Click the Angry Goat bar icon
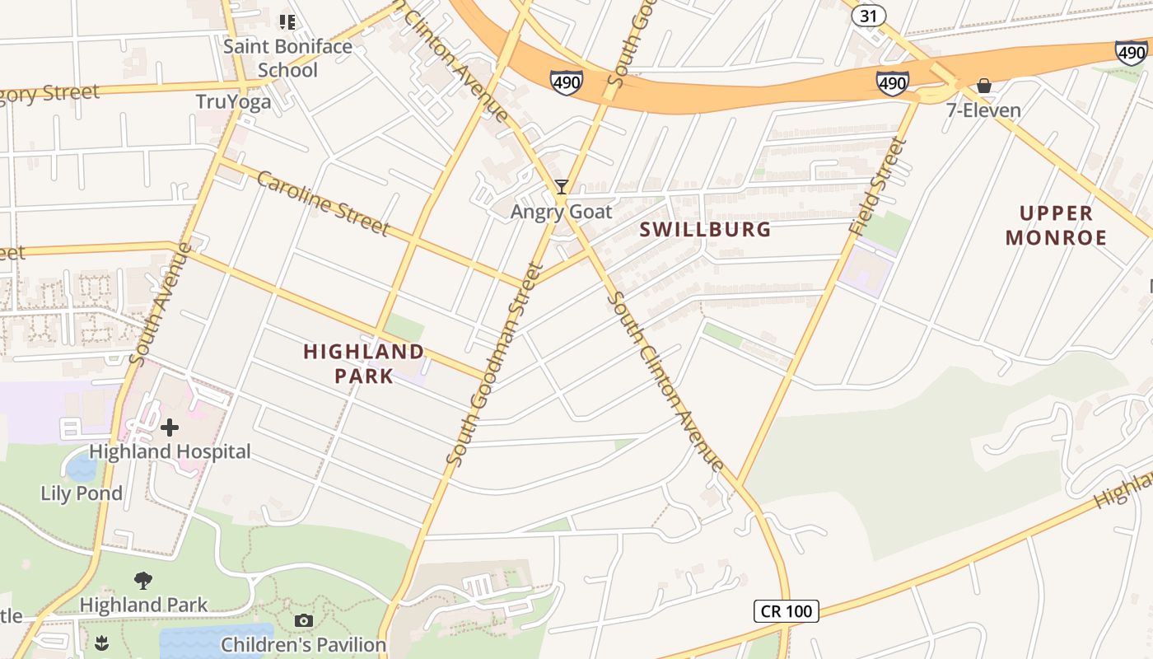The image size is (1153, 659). click(x=562, y=187)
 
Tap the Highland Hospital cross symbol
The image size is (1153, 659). click(x=170, y=428)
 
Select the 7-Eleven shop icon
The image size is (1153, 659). click(x=983, y=86)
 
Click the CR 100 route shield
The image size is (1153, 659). click(x=786, y=610)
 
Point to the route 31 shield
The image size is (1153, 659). click(x=868, y=15)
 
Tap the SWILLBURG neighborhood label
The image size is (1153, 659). click(x=706, y=229)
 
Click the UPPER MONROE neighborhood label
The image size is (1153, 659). click(x=1056, y=226)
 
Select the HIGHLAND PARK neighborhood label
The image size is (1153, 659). click(x=363, y=363)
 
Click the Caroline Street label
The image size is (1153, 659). click(x=322, y=203)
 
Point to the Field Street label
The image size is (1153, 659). click(x=880, y=187)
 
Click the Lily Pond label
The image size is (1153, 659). click(x=82, y=493)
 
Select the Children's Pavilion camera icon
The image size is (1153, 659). click(x=304, y=620)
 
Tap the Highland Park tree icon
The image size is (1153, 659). click(x=143, y=581)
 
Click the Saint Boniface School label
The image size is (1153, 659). click(x=287, y=58)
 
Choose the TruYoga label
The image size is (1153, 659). click(x=233, y=102)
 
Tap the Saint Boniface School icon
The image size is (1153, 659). click(x=287, y=21)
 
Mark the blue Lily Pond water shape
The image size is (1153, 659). click(x=81, y=468)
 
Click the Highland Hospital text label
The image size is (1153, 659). click(x=170, y=451)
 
